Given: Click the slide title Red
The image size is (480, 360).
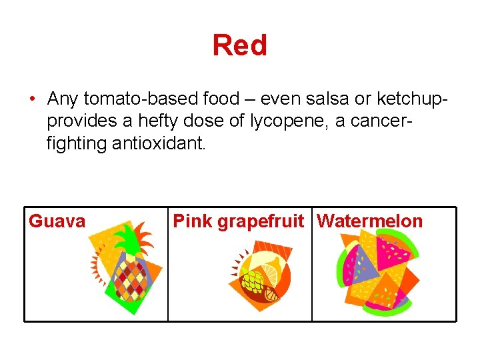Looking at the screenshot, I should click(239, 45).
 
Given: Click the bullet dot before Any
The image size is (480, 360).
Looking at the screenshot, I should click(31, 100).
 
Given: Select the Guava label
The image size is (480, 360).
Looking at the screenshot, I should click(57, 221).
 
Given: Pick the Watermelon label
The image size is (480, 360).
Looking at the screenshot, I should click(370, 221).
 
